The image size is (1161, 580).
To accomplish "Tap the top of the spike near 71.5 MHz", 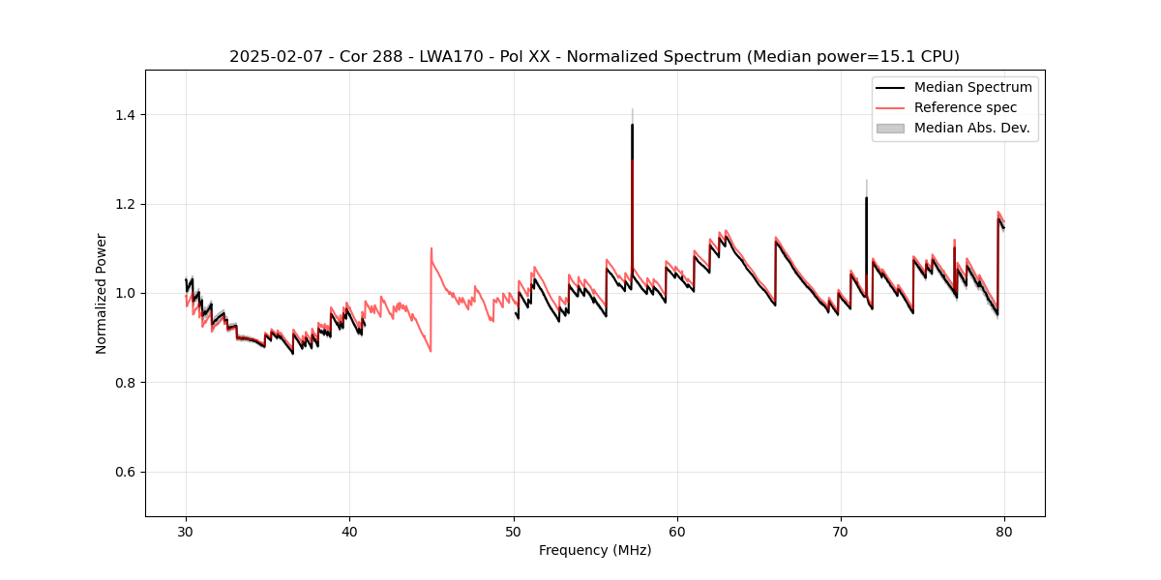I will click(866, 198).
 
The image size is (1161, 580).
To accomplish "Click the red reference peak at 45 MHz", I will click(432, 248).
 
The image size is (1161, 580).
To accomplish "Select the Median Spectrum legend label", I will click(972, 87).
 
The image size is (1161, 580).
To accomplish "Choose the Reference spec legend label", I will click(965, 107).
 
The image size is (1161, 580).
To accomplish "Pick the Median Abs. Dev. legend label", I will click(971, 128).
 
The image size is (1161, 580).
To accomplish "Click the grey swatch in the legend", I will click(889, 128).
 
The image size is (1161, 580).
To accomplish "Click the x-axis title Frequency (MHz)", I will click(595, 550).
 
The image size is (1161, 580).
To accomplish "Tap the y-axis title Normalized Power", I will click(102, 293).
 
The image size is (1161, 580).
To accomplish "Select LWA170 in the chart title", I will click(453, 57).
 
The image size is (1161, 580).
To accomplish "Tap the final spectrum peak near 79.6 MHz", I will click(998, 217).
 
